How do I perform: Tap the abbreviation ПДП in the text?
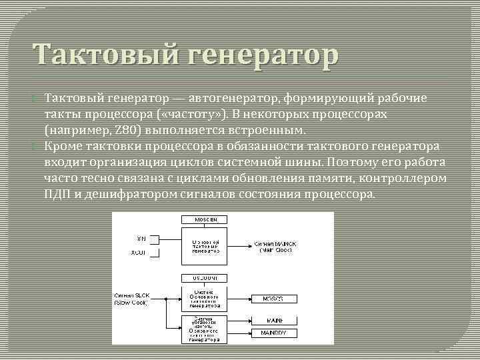(x=58, y=194)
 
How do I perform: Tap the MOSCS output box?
(x=272, y=299)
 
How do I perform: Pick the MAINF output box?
(x=272, y=321)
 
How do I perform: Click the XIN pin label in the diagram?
(x=141, y=238)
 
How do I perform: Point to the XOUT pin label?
(x=139, y=253)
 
